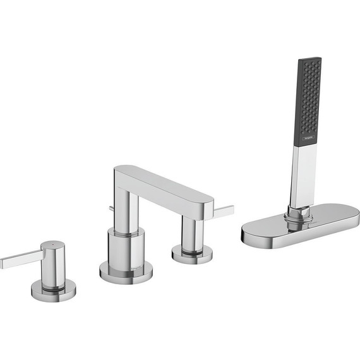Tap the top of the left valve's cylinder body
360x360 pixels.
click(x=52, y=244)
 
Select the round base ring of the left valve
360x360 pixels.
click(x=54, y=290)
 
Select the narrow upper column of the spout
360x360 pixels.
click(x=127, y=208)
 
